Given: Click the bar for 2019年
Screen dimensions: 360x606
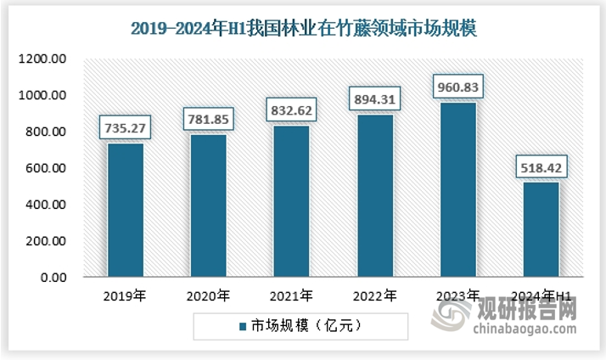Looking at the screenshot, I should point(125,210).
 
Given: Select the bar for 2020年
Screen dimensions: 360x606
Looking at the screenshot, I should point(208,205).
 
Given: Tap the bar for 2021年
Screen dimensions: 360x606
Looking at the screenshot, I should point(291,201).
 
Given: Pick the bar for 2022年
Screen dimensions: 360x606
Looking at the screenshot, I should point(374,195).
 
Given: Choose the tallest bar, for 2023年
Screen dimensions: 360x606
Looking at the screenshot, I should point(457,189).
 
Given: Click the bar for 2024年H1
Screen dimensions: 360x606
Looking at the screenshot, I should point(541,229).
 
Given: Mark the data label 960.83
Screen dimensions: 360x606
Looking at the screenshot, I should point(457,88).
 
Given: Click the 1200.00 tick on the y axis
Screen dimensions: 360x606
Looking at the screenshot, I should point(43,59).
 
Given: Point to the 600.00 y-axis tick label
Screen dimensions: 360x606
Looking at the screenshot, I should point(46,168).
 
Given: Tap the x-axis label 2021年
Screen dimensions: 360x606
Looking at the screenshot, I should point(291,296).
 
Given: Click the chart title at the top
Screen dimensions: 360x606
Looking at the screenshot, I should point(303,28).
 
